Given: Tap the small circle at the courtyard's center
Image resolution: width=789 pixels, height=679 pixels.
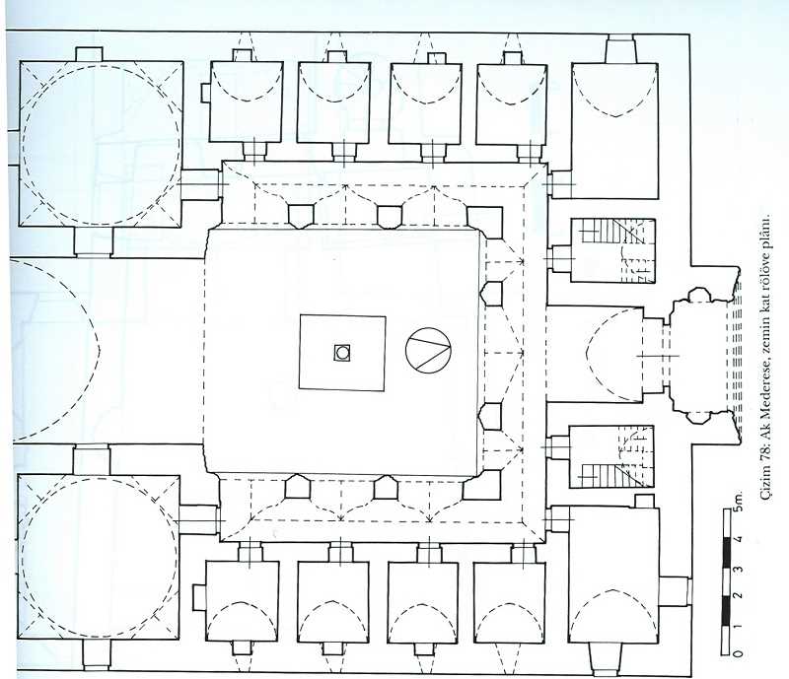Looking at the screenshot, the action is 342,353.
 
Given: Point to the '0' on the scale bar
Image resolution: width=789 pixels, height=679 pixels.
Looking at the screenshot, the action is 738,653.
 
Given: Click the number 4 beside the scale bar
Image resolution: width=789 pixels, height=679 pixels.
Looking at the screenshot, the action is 738,540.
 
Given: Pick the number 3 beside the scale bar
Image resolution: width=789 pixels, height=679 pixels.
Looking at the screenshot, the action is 738,569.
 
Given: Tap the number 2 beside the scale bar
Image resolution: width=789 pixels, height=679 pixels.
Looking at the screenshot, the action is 738,596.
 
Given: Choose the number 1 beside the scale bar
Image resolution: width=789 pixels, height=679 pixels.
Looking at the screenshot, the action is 738,626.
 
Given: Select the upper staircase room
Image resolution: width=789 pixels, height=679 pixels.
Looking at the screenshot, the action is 612,250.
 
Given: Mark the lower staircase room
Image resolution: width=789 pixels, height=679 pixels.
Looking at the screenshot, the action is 611,456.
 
